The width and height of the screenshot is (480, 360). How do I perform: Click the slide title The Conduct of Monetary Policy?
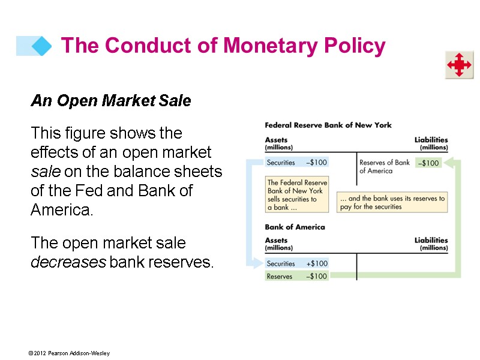click(x=223, y=46)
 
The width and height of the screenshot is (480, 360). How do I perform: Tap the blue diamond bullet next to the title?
click(x=41, y=46)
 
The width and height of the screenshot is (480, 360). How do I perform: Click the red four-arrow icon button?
click(x=458, y=65)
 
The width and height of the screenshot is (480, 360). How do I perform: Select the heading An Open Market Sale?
click(x=110, y=101)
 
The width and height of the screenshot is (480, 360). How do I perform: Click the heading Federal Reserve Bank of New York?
click(x=328, y=125)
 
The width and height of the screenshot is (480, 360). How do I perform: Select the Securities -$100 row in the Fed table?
click(x=297, y=162)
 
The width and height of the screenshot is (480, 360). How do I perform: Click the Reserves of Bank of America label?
click(x=384, y=166)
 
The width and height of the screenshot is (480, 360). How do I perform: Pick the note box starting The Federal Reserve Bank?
click(x=297, y=194)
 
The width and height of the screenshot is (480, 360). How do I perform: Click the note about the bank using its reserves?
click(x=392, y=202)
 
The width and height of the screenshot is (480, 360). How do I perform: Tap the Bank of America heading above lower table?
click(x=295, y=227)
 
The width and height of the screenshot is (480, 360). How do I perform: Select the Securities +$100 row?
click(x=297, y=263)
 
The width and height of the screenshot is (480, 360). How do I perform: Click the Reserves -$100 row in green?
click(x=297, y=277)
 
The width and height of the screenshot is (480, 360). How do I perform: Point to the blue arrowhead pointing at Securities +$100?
click(x=259, y=263)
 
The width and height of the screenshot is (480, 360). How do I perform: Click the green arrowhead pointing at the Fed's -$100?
click(x=448, y=163)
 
